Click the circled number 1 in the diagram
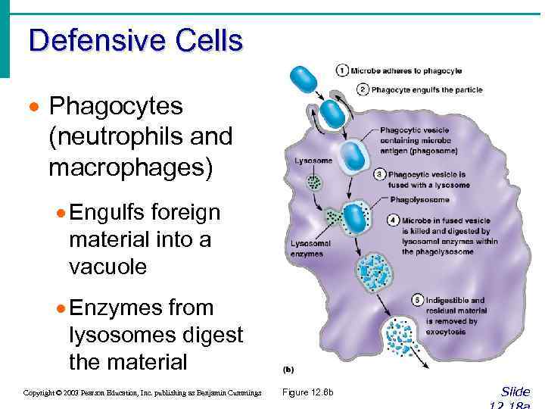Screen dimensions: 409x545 (x=342, y=71)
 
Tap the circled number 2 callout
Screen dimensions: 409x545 (x=363, y=90)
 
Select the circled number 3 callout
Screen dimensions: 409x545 (x=380, y=174)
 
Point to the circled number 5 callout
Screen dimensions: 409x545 (x=418, y=300)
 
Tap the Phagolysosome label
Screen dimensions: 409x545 (x=419, y=200)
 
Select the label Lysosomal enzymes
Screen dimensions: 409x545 (x=307, y=248)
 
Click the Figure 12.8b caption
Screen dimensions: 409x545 (x=307, y=392)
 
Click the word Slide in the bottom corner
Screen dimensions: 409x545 (x=515, y=392)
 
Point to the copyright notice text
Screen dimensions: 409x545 (x=142, y=392)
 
